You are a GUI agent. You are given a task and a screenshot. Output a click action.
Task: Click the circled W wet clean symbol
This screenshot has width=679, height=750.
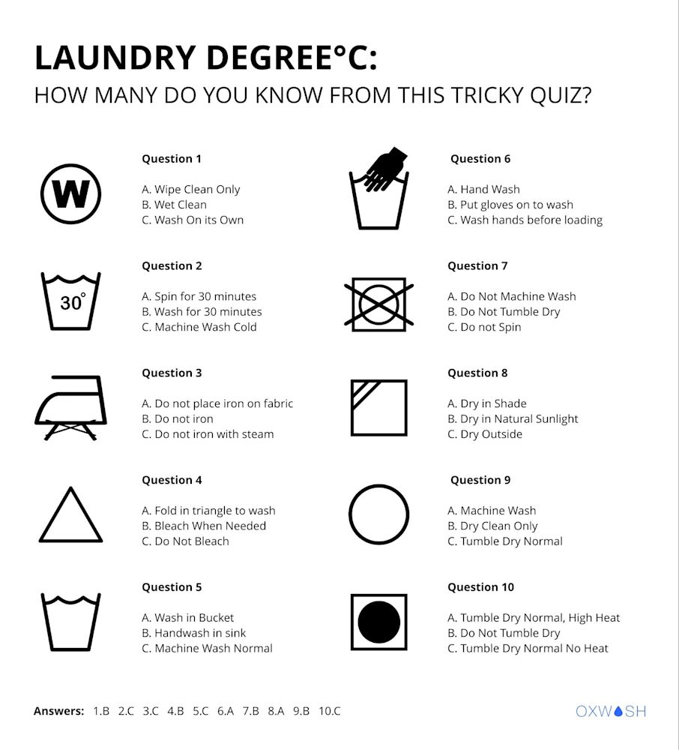pyautogui.click(x=70, y=193)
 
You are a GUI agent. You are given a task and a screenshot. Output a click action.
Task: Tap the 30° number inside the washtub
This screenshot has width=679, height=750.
pyautogui.click(x=73, y=301)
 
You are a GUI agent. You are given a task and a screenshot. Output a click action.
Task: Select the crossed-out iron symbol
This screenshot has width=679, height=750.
pyautogui.click(x=70, y=407)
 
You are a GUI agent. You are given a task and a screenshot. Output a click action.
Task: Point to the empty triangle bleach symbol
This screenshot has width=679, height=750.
pyautogui.click(x=70, y=514)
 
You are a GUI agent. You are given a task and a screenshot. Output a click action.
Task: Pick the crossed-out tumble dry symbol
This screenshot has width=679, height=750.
pyautogui.click(x=379, y=304)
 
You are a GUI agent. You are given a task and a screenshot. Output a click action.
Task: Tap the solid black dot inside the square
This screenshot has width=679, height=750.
pyautogui.click(x=379, y=622)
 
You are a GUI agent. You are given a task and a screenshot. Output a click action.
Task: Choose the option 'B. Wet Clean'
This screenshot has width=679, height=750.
pyautogui.click(x=174, y=205)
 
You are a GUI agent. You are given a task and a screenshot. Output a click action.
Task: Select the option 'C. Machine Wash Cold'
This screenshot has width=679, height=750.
pyautogui.click(x=199, y=327)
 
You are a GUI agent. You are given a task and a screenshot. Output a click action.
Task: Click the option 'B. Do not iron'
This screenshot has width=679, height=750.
pyautogui.click(x=178, y=419)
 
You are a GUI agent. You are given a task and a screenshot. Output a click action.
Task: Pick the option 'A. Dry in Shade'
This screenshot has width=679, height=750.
pyautogui.click(x=487, y=403)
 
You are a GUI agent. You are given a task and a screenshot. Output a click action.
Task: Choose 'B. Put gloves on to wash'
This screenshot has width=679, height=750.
pyautogui.click(x=510, y=205)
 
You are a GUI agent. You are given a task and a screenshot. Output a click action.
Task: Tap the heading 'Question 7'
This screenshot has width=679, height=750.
pyautogui.click(x=477, y=266)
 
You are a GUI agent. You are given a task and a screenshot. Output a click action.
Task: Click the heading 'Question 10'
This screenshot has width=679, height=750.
pyautogui.click(x=480, y=587)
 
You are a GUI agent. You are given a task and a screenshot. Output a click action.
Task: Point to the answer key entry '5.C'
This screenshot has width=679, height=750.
pyautogui.click(x=201, y=711)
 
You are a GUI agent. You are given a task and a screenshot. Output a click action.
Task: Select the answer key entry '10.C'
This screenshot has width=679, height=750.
pyautogui.click(x=330, y=711)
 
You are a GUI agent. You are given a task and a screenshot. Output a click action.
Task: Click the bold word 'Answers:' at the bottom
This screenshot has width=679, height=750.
pyautogui.click(x=58, y=711)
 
